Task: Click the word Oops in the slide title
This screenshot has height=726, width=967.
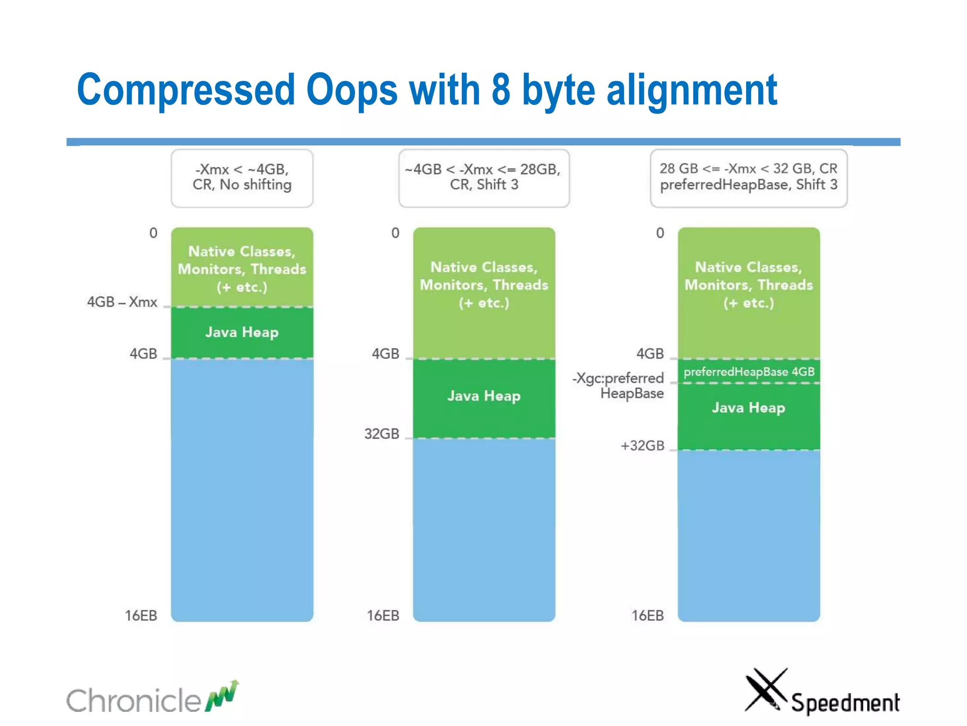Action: click(352, 90)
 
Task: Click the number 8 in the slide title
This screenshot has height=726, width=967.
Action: click(501, 90)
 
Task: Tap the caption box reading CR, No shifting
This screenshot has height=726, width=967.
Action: click(242, 178)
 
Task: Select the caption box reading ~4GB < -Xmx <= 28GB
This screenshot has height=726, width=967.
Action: click(483, 178)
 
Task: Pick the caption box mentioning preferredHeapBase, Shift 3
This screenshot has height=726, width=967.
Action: click(748, 178)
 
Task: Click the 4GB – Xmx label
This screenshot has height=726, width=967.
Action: click(122, 302)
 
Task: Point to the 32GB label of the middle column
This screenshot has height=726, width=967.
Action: click(382, 433)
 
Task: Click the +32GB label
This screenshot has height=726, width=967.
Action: click(642, 446)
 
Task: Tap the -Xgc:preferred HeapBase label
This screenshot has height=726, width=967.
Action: click(619, 386)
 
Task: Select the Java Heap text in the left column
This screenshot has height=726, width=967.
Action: click(242, 332)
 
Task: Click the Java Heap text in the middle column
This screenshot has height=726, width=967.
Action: click(483, 396)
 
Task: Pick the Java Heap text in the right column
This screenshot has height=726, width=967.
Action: click(748, 407)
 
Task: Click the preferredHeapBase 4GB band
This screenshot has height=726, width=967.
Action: click(749, 372)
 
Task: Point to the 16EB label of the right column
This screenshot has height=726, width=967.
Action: click(647, 615)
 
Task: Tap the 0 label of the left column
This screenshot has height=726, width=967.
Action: click(153, 233)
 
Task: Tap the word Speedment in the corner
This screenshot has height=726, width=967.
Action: click(845, 703)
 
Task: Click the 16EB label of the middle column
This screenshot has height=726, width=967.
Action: click(383, 615)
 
